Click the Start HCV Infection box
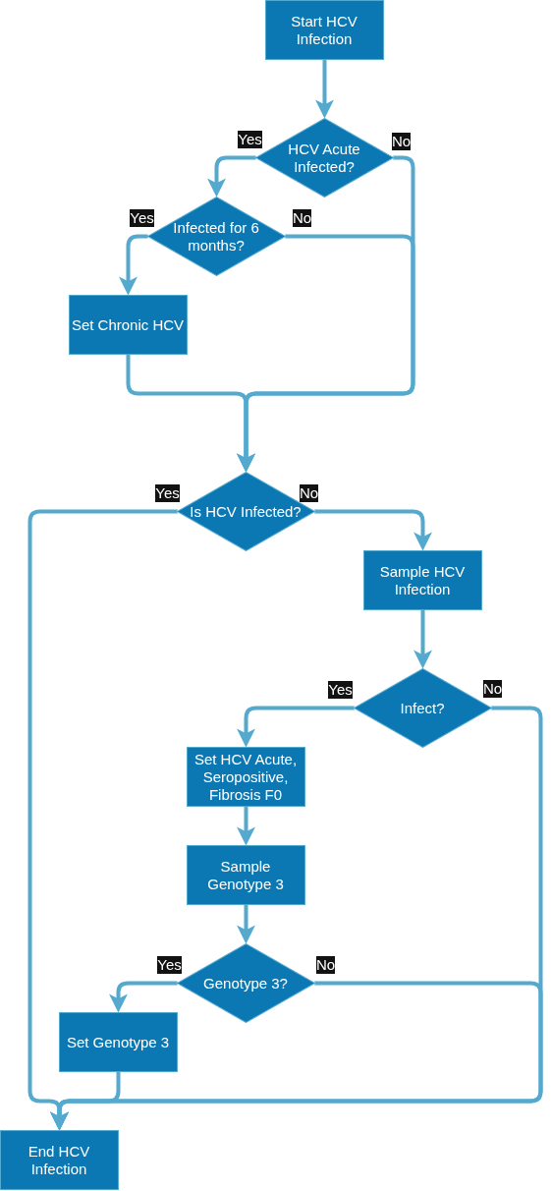(x=324, y=29)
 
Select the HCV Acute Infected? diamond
(x=324, y=158)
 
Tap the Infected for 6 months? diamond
(x=216, y=237)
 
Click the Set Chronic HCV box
(x=128, y=325)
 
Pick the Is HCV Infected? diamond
(x=246, y=512)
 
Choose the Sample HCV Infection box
(x=422, y=580)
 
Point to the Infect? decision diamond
(x=422, y=709)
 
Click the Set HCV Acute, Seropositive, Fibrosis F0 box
(x=246, y=777)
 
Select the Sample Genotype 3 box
(x=246, y=876)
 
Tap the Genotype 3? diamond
(x=246, y=983)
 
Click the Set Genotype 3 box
(x=118, y=1042)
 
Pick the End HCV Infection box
(x=59, y=1161)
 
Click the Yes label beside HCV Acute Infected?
(x=249, y=140)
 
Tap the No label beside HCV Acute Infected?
(x=401, y=142)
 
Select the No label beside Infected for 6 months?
(x=302, y=218)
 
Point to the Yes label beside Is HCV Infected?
(x=167, y=493)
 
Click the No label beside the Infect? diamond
(x=492, y=689)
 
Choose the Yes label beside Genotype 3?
(x=170, y=965)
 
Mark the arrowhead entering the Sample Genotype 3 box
(x=246, y=836)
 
